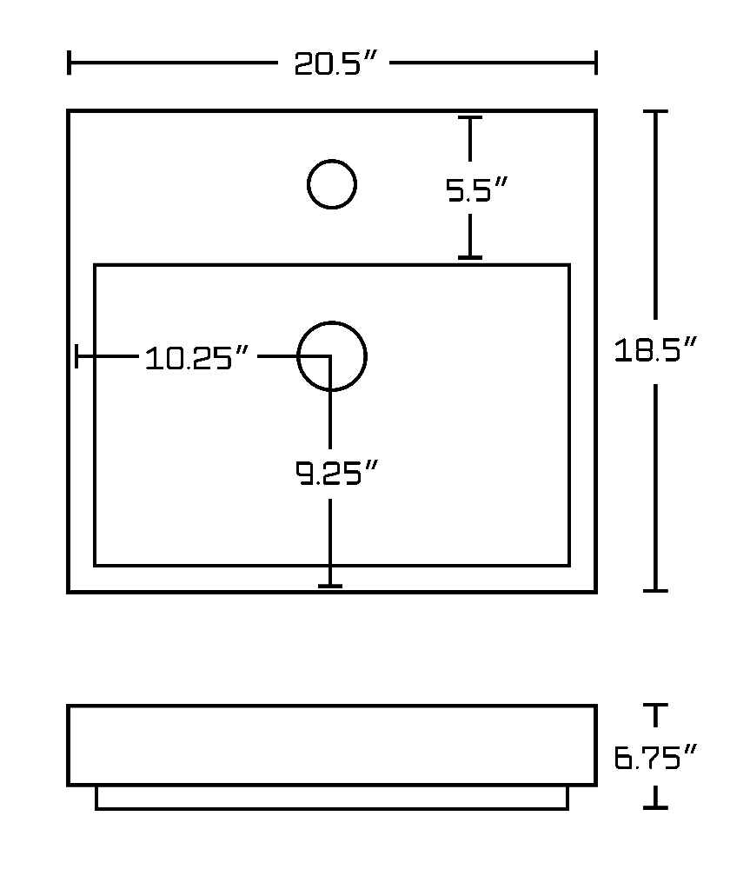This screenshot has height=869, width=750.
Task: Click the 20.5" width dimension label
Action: click(335, 63)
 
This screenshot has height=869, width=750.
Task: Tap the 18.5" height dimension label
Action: click(654, 350)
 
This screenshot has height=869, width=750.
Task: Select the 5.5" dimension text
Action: click(476, 189)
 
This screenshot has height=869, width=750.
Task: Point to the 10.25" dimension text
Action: click(196, 357)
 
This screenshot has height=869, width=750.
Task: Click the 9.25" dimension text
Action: click(336, 473)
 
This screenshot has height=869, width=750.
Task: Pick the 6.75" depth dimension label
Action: click(654, 758)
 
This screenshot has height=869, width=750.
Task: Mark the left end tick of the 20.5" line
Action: click(69, 63)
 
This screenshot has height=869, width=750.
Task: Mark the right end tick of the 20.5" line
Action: click(596, 63)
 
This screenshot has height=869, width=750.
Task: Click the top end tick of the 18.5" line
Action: click(655, 111)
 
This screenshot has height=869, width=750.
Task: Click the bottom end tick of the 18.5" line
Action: click(655, 591)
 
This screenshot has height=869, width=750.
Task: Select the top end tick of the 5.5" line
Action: click(470, 117)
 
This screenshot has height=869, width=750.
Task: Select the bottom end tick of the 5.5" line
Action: click(470, 257)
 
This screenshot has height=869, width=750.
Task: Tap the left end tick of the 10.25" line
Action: click(76, 355)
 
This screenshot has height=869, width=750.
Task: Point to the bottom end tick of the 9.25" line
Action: click(330, 586)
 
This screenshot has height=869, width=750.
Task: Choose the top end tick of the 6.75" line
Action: click(655, 705)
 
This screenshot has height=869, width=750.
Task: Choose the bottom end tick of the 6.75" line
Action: click(655, 807)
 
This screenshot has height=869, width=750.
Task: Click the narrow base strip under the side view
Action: click(332, 798)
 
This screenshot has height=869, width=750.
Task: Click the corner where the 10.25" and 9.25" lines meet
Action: click(330, 355)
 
